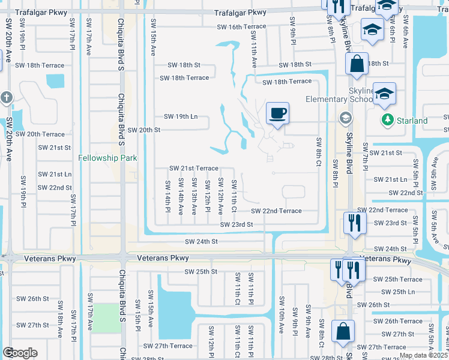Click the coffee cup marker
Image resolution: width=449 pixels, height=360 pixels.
[277, 114]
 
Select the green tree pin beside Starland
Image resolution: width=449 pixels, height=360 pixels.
[388, 121]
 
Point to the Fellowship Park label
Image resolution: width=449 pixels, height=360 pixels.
[108, 158]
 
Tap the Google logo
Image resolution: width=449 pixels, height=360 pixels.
[20, 353]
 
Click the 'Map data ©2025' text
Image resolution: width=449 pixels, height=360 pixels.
[423, 355]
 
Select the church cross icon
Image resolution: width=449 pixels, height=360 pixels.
[7, 98]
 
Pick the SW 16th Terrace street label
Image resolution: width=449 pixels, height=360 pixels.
[242, 27]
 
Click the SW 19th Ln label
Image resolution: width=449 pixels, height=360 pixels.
[181, 117]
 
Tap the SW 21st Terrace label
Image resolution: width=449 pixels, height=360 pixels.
[193, 169]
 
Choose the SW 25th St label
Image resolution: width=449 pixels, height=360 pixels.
[200, 272]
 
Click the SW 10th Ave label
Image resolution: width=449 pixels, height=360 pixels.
[281, 322]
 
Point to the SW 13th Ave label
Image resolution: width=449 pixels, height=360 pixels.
[194, 196]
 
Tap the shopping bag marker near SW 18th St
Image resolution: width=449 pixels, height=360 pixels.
[356, 64]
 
